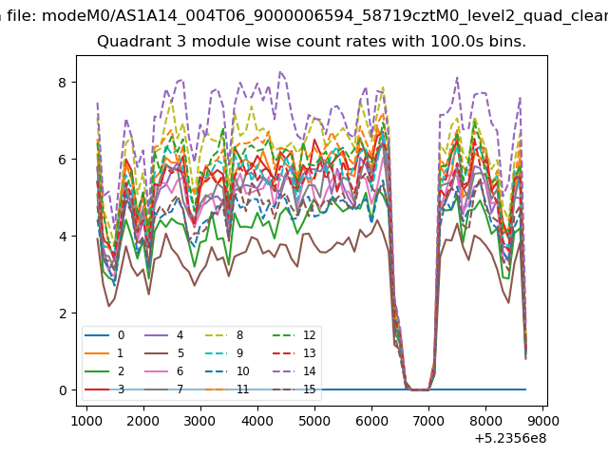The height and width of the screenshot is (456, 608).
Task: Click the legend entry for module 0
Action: (x=104, y=335)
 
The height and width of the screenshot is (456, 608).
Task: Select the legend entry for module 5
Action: (x=164, y=353)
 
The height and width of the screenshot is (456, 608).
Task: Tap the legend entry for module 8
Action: (x=224, y=335)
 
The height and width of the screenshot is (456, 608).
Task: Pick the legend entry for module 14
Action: (x=294, y=371)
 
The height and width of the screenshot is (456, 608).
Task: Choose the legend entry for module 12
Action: (x=294, y=335)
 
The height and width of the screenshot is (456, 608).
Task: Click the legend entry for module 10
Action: (x=227, y=371)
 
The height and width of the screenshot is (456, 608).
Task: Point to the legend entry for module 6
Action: (x=164, y=371)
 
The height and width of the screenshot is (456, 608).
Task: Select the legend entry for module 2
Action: (x=104, y=371)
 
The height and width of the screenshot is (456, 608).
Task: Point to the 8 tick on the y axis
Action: (x=63, y=83)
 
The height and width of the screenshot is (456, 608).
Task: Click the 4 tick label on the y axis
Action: (x=63, y=237)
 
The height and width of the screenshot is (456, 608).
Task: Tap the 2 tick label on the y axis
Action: (x=63, y=313)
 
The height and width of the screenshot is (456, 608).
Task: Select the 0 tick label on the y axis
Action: (x=63, y=390)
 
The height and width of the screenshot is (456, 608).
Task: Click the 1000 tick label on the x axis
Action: (x=86, y=421)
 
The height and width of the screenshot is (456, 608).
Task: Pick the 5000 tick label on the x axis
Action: (x=314, y=421)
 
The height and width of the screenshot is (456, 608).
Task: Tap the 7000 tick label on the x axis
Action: (x=428, y=421)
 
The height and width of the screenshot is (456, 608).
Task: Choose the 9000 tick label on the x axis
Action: (x=542, y=421)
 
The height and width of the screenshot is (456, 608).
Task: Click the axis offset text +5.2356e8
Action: (x=510, y=439)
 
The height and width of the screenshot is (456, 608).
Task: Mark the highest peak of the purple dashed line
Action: (x=280, y=72)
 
